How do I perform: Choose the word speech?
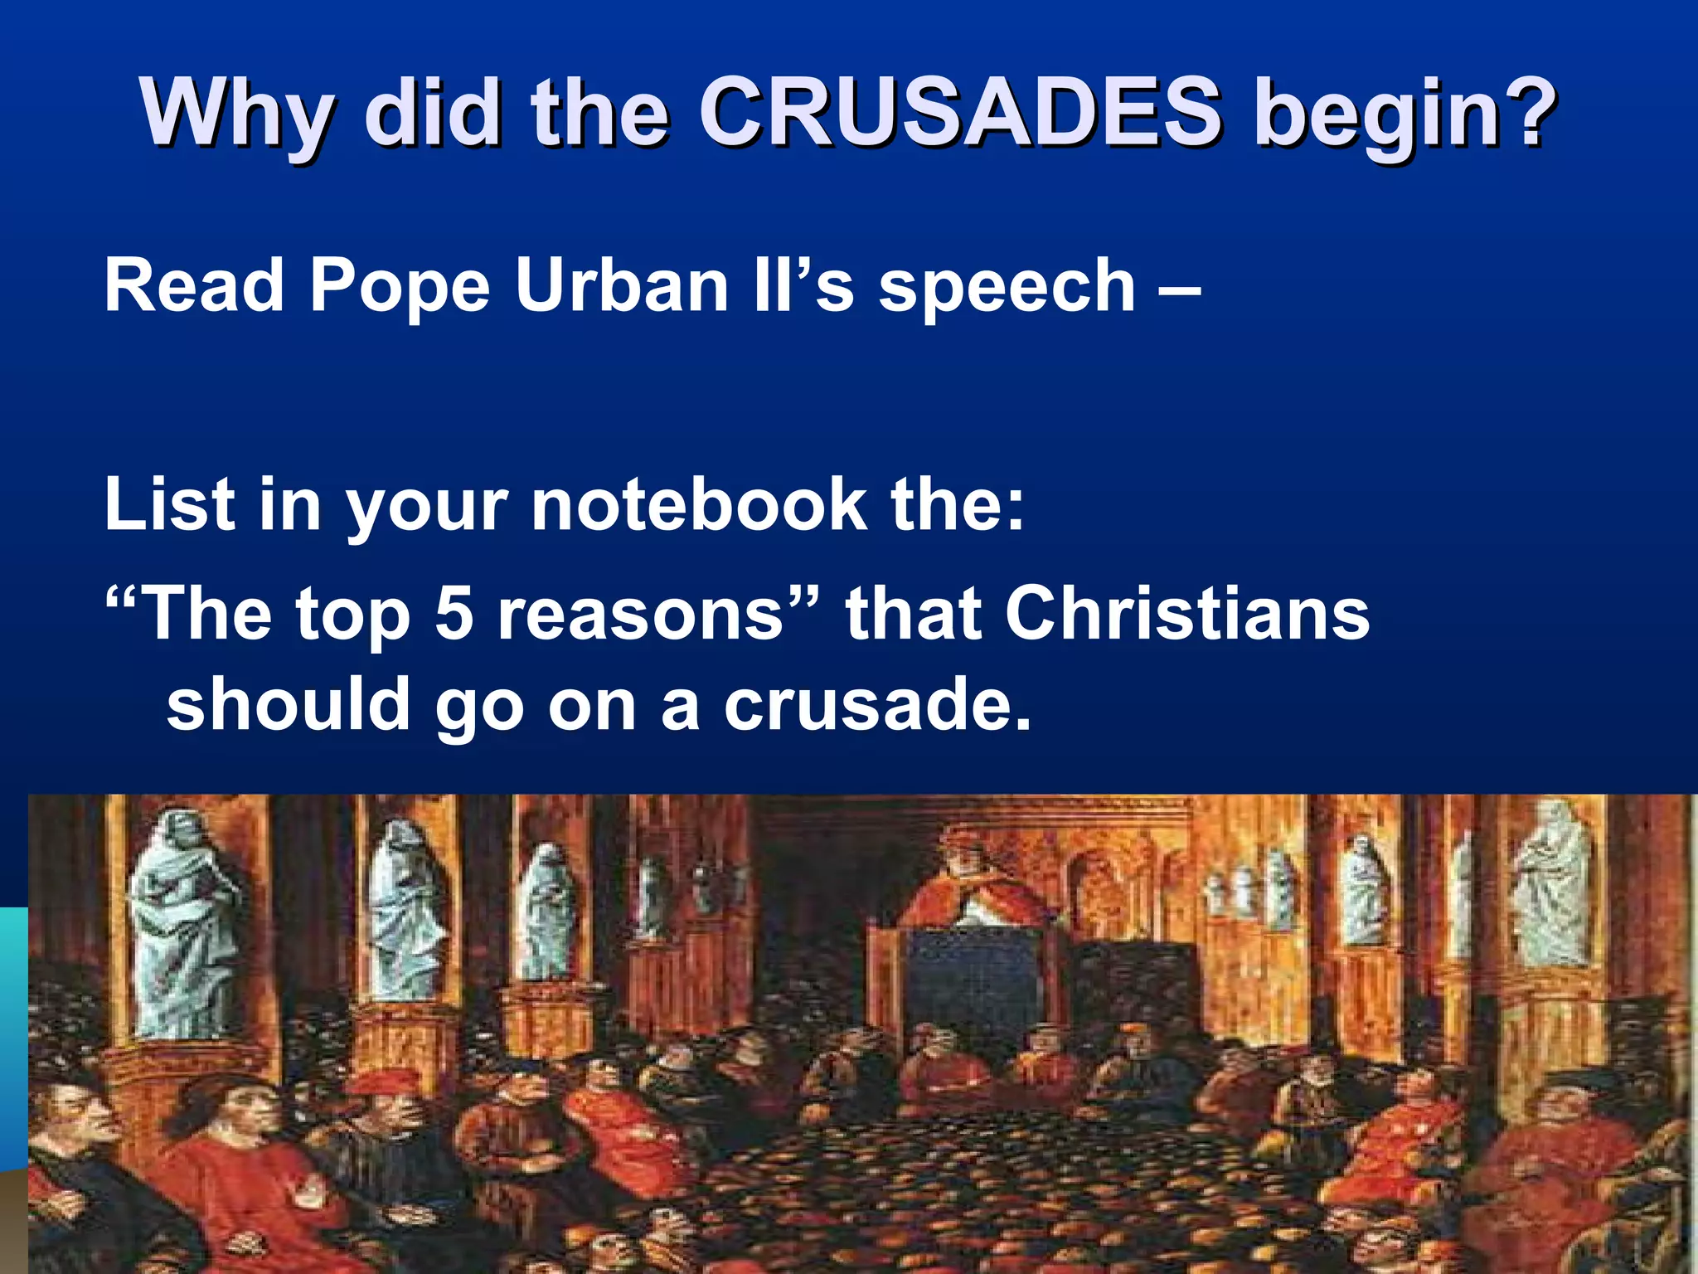pyautogui.click(x=1007, y=287)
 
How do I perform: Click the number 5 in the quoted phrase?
pyautogui.click(x=454, y=614)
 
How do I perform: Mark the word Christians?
pyautogui.click(x=1187, y=614)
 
